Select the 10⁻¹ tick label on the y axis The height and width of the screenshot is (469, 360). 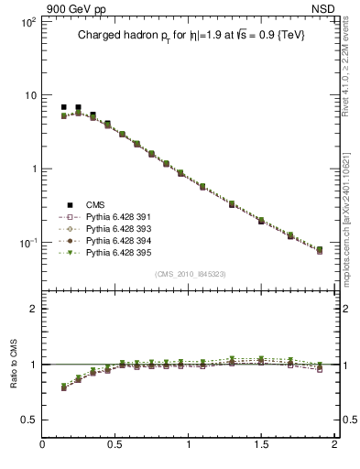(x=26, y=242)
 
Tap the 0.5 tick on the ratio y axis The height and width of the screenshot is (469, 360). (x=27, y=420)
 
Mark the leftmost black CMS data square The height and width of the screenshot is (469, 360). (x=63, y=107)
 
